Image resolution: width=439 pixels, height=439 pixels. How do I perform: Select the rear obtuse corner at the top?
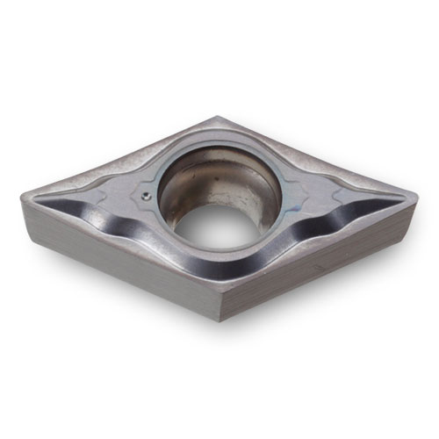tap(213, 119)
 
